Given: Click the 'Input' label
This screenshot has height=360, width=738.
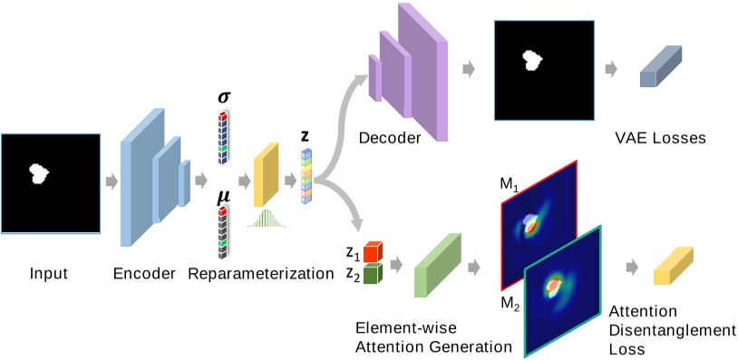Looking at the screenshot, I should pos(49,273).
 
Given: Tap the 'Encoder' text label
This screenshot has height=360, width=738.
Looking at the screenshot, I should pos(144,273).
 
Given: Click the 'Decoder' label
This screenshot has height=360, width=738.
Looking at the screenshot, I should pos(389,139).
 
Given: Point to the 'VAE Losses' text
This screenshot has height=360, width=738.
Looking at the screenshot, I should pos(659,139).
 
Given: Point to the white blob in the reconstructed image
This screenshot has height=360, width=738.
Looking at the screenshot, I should pos(533,61).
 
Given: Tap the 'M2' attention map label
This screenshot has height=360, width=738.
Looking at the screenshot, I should pos(510,302).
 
